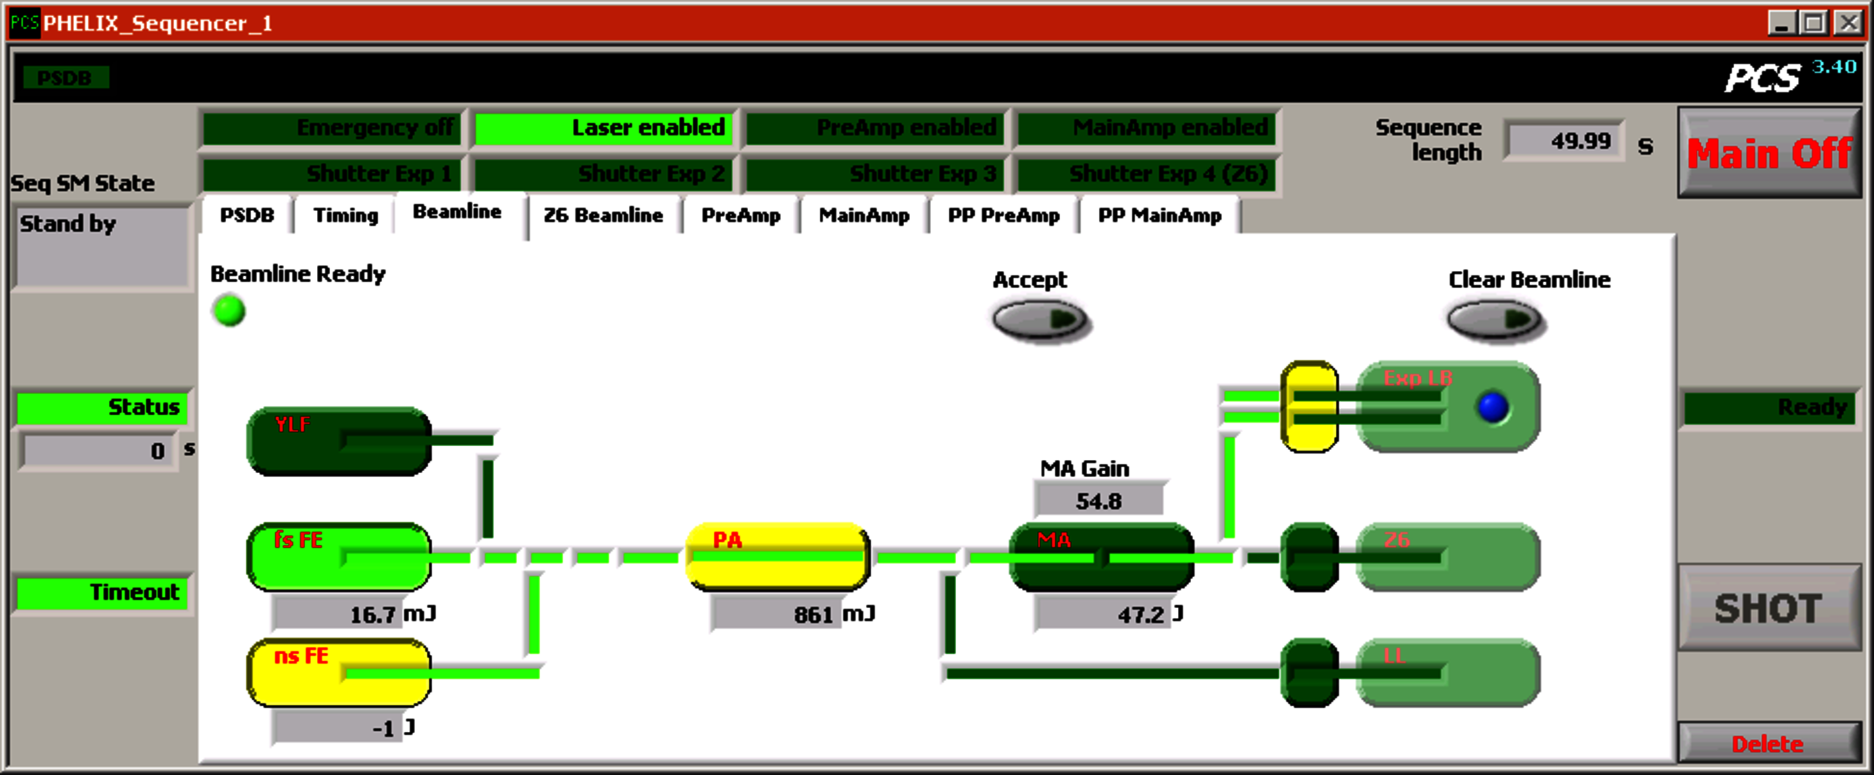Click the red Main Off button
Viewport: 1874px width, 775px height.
tap(1769, 153)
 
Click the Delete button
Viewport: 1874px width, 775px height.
tap(1767, 744)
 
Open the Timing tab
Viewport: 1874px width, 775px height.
tap(346, 215)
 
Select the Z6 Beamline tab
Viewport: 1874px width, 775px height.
tap(602, 215)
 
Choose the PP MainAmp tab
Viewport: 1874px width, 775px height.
tap(1159, 215)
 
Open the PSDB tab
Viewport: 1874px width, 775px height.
tap(247, 215)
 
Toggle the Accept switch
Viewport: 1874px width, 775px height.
tap(1039, 321)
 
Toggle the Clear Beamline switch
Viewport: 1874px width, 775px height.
tap(1495, 320)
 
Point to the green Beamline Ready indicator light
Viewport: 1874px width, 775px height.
tap(229, 311)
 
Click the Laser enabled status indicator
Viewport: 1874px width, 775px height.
tap(603, 128)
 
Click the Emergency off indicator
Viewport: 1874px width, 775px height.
tap(332, 128)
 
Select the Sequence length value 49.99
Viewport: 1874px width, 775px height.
tap(1564, 140)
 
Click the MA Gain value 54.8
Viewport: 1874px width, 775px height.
tap(1098, 501)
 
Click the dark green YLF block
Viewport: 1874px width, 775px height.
tap(338, 441)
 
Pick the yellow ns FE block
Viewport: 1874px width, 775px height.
tap(338, 672)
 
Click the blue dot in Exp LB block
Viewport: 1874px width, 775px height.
tap(1493, 407)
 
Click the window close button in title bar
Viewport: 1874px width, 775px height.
tap(1848, 23)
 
